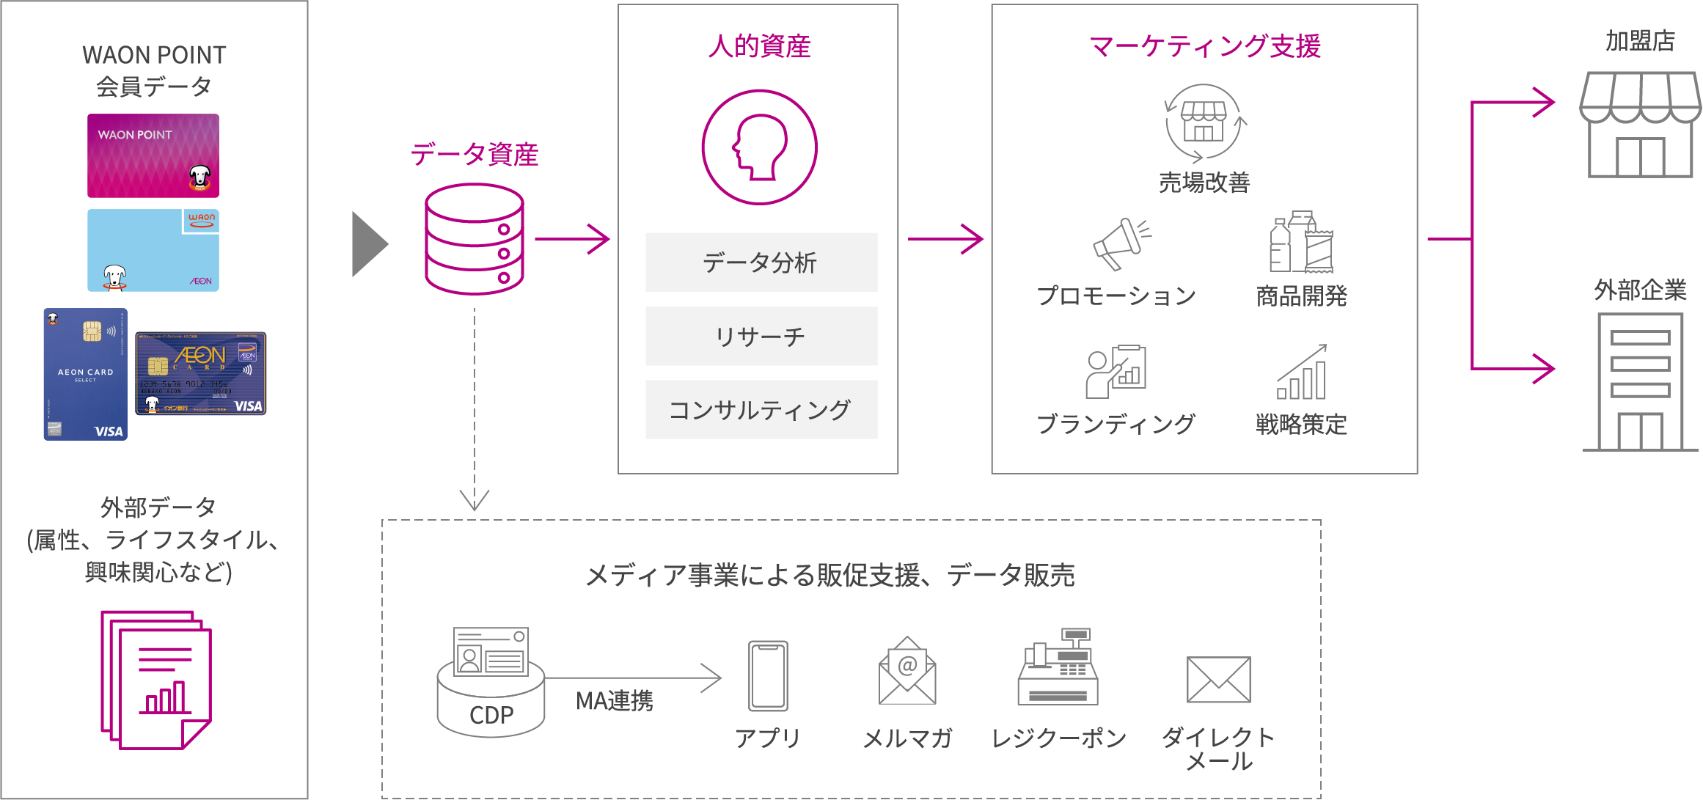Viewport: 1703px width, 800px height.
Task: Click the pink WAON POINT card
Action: (153, 155)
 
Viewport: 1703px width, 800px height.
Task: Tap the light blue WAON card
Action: (153, 250)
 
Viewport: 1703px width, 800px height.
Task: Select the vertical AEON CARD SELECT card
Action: (85, 374)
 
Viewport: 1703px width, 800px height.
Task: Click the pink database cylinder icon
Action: (475, 239)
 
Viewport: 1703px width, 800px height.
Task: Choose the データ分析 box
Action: (761, 263)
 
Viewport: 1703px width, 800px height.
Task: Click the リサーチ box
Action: (761, 337)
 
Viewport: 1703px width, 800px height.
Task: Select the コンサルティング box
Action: (761, 410)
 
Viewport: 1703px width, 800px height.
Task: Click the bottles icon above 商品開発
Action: (1301, 243)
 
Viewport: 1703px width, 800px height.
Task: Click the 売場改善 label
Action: (1204, 183)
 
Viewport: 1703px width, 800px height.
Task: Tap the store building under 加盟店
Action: (1639, 125)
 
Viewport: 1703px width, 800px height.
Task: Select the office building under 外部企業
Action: (1640, 381)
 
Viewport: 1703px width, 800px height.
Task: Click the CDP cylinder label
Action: (491, 715)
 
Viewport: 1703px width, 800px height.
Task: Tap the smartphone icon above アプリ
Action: (768, 675)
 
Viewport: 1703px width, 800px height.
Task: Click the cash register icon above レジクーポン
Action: (1057, 667)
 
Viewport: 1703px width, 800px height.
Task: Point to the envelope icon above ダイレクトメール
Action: (1218, 680)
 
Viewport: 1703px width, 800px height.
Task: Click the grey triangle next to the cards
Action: (368, 244)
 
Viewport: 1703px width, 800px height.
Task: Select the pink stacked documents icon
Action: (155, 680)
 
